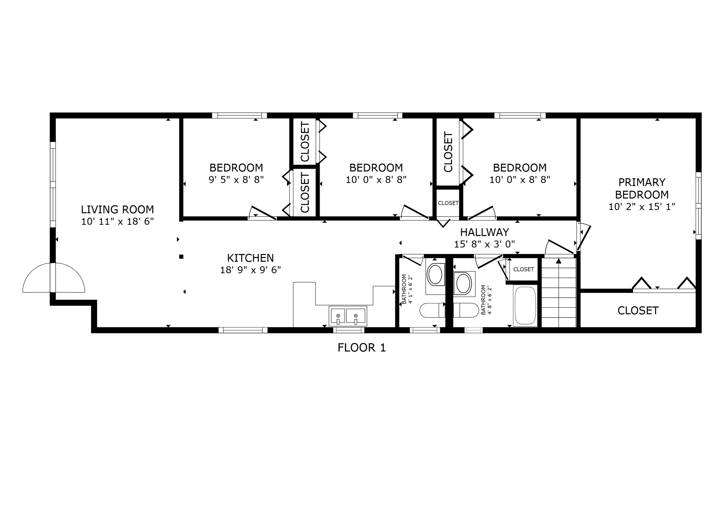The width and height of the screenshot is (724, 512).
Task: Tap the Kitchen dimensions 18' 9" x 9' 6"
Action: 250,270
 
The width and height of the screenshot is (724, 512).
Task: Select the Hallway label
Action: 484,233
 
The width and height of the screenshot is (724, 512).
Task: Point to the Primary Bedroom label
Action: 642,188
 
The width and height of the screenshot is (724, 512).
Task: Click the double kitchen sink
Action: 348,316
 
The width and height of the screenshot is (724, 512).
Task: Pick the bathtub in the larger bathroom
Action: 525,306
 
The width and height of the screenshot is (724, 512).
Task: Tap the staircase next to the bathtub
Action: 559,296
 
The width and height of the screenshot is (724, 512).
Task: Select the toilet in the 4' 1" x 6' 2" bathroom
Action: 432,310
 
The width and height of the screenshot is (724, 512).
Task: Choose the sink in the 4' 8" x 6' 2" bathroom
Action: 463,283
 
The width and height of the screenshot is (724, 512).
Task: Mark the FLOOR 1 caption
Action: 362,348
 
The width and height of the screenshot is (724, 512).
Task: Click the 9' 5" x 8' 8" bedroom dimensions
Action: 236,180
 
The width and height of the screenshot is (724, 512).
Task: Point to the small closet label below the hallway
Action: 523,269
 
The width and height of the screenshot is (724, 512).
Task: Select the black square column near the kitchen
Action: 181,257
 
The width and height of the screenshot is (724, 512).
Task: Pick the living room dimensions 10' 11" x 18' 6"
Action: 117,221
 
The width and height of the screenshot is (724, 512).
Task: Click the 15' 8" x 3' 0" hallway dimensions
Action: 484,244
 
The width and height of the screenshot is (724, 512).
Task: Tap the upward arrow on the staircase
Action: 559,261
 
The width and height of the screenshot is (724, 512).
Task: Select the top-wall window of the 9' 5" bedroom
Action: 239,115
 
